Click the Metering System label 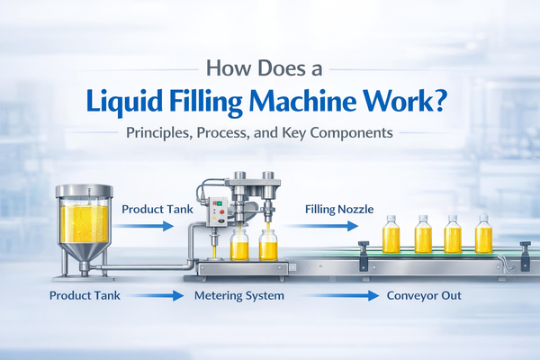pos(240,294)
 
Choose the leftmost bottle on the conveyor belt pos(391,236)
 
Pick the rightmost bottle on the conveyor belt pos(483,236)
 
